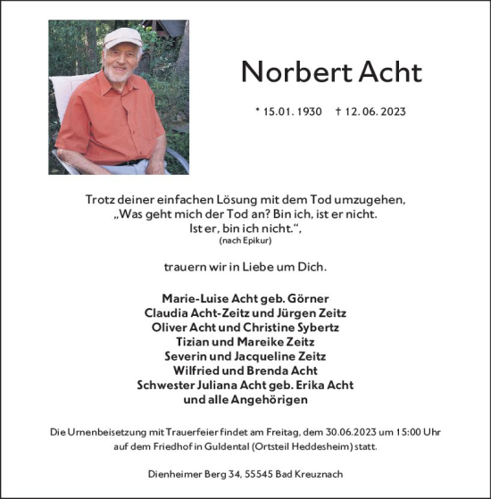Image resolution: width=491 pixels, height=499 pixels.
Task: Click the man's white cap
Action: (x=122, y=37)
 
